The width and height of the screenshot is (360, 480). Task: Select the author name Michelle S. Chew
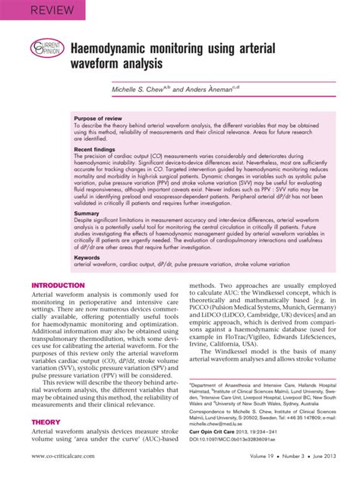[x=137, y=90]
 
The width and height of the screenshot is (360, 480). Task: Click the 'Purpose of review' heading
[x=105, y=119]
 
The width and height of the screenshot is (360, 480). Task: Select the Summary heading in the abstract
[x=87, y=214]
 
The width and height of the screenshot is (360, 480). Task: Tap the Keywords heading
[x=88, y=258]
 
